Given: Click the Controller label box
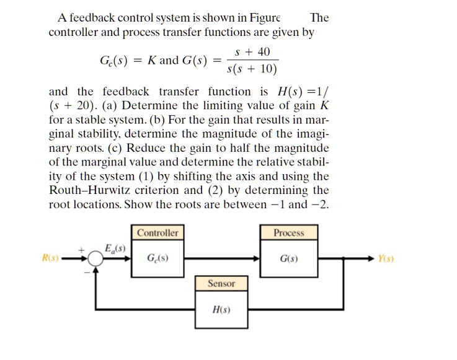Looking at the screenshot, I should pyautogui.click(x=158, y=233).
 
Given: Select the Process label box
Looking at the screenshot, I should pyautogui.click(x=289, y=233).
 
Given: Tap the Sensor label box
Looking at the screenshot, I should pyautogui.click(x=221, y=283).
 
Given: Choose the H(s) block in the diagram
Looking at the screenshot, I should pyautogui.click(x=221, y=308).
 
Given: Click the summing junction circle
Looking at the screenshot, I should pyautogui.click(x=96, y=258).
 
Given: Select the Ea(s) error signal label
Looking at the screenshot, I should pyautogui.click(x=115, y=247).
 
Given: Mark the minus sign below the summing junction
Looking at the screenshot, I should pyautogui.click(x=86, y=273).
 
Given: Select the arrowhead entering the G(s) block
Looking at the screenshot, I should pyautogui.click(x=257, y=257).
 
